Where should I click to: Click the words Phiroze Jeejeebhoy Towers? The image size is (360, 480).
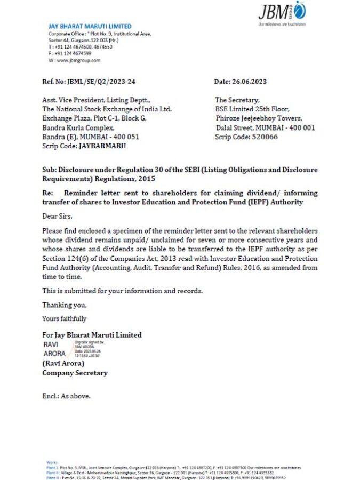259,118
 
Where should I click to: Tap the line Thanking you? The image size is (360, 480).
64,305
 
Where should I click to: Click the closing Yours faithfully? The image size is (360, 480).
64,318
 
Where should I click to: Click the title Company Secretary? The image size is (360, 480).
75,373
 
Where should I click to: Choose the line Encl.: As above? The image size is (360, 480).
66,396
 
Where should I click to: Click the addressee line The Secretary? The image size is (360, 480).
237,100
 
